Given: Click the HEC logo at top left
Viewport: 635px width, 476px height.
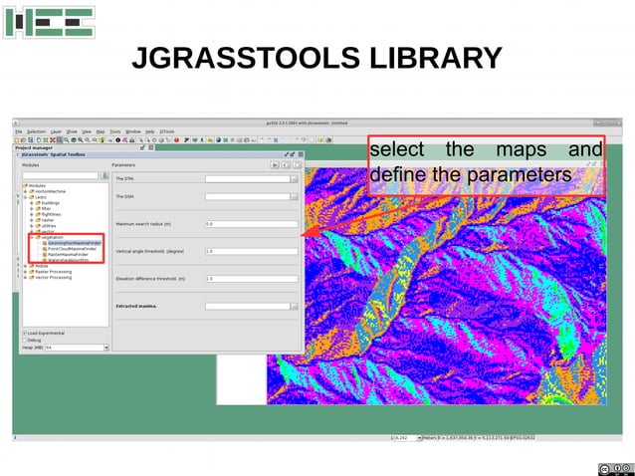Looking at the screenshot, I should click(x=49, y=22).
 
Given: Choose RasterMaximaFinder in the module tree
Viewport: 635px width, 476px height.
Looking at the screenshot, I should click(x=71, y=255).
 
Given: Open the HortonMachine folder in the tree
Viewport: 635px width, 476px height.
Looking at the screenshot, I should click(x=49, y=190).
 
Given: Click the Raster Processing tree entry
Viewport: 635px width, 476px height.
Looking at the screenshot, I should click(x=54, y=272).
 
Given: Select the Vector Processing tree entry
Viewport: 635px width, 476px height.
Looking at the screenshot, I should click(x=54, y=278).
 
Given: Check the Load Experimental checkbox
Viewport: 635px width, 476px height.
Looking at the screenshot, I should click(x=25, y=333).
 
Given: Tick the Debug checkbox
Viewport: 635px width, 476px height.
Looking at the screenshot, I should click(x=25, y=340).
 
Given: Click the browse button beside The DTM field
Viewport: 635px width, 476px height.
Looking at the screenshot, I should click(x=295, y=179).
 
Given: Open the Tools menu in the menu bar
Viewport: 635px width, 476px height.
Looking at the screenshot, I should click(x=115, y=130).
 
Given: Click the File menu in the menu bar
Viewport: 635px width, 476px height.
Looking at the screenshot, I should click(x=18, y=130).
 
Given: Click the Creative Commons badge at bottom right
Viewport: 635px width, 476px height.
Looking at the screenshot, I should click(x=614, y=468).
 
